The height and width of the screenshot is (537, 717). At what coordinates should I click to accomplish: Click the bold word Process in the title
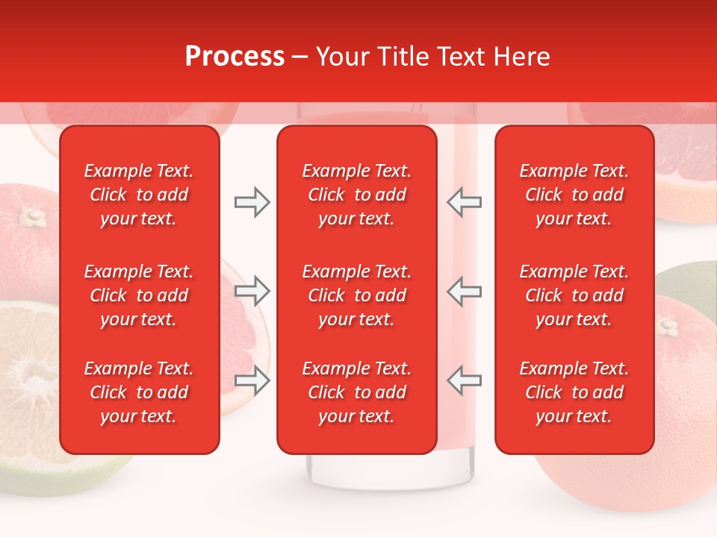click(235, 57)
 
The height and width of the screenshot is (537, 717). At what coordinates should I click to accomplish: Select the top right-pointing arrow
click(252, 202)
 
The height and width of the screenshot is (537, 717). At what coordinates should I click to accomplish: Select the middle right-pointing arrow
click(252, 291)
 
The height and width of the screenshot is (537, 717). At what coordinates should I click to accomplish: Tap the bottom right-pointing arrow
click(252, 380)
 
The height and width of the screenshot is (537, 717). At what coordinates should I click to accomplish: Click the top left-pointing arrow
click(464, 202)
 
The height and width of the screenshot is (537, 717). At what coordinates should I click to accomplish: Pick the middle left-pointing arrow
click(464, 291)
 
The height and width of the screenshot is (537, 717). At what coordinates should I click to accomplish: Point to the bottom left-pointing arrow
click(464, 380)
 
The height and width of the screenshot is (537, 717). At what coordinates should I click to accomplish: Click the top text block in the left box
click(139, 195)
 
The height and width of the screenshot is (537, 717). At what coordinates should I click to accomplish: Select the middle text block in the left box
click(139, 295)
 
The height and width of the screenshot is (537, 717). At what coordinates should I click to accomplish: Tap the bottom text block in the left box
click(139, 392)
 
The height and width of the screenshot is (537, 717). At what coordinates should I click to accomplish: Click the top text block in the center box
click(357, 195)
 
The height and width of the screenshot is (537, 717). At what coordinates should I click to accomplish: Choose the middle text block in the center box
click(357, 295)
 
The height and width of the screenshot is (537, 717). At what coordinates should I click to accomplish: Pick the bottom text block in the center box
click(357, 392)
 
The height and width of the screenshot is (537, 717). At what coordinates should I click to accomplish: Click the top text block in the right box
click(574, 195)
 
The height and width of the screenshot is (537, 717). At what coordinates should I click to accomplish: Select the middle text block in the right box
click(574, 295)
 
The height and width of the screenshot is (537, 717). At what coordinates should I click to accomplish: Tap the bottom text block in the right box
click(574, 392)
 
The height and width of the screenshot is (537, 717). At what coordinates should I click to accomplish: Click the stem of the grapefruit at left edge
click(31, 217)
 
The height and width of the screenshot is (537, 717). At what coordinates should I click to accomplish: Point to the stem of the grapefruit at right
click(668, 327)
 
